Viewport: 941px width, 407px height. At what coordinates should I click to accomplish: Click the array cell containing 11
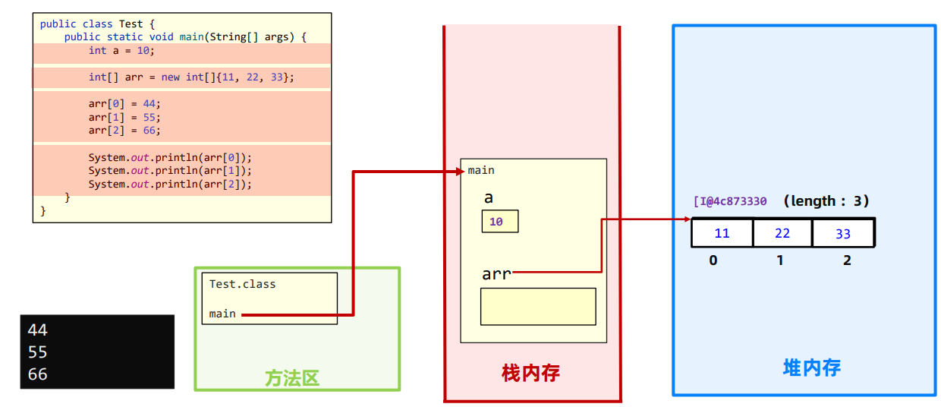[722, 232]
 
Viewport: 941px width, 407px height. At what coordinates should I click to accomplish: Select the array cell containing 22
[782, 232]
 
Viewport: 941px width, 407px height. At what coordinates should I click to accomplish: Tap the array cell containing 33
[844, 232]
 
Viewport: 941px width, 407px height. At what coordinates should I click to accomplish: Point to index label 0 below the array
[713, 260]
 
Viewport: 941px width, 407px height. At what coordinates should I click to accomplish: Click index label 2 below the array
[847, 260]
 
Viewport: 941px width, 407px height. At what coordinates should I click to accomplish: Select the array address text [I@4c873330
[730, 201]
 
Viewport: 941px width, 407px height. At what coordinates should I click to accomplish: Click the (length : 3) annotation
[826, 201]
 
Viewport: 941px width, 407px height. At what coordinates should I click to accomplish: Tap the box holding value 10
[500, 221]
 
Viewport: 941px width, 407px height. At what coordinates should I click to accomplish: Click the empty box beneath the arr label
[538, 307]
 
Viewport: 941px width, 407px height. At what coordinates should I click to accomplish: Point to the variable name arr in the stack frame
[496, 274]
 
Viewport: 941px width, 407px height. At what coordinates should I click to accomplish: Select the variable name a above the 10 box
[489, 197]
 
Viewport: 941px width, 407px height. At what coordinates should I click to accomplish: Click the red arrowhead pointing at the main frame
[461, 171]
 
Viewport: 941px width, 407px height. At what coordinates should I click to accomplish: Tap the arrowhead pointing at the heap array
[688, 219]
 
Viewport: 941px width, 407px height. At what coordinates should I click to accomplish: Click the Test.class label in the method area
[242, 284]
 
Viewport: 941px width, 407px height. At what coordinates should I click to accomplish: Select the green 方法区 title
[292, 378]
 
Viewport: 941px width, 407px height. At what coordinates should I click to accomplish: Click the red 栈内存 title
[530, 373]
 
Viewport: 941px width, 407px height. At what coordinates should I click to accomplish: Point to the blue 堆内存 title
[812, 368]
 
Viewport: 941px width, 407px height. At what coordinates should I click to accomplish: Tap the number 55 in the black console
[37, 352]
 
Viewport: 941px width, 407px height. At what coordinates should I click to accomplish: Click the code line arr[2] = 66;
[124, 131]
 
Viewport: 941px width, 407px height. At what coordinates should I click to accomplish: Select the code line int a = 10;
[121, 51]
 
